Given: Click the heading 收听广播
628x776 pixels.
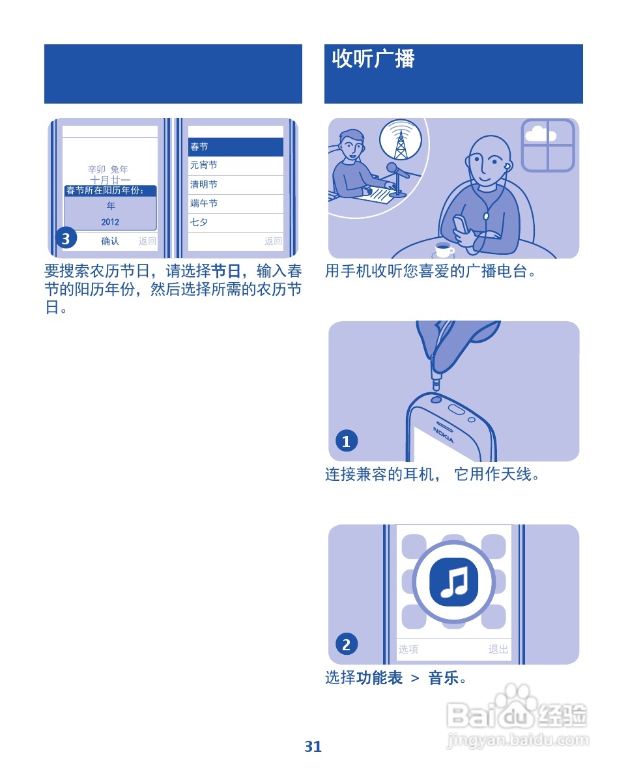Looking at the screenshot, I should [x=373, y=59].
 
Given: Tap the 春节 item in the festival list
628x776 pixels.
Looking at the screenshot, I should [x=199, y=147].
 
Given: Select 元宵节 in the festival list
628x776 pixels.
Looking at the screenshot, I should [x=204, y=165].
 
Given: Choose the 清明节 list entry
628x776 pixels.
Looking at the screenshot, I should [x=204, y=184].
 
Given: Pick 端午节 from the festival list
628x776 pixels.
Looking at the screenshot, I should [x=204, y=203].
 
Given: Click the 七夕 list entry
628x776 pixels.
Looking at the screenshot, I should [x=199, y=222].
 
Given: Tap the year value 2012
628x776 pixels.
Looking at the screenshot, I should [x=110, y=222].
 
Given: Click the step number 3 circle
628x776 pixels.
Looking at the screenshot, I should [x=66, y=239].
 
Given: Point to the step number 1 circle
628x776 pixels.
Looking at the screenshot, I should [x=346, y=441].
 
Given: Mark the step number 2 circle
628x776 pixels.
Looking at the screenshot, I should [x=346, y=644].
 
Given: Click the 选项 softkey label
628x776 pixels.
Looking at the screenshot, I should [x=408, y=649].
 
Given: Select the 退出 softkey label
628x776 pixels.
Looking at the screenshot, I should [x=498, y=649].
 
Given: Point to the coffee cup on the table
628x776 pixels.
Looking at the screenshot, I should [x=444, y=250].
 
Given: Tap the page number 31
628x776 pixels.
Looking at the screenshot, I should [x=313, y=747].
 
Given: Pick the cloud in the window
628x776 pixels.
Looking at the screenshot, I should [x=539, y=135].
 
